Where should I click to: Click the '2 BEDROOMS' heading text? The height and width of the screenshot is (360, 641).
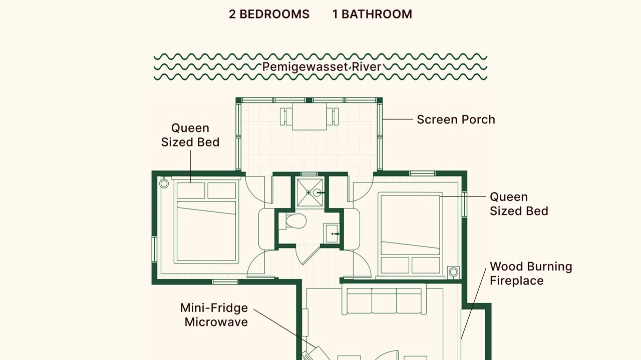click(269, 14)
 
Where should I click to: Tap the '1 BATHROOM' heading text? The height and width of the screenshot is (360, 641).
click(372, 14)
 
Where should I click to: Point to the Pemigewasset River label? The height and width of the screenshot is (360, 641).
click(322, 67)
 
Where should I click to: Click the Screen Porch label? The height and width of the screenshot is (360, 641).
click(456, 119)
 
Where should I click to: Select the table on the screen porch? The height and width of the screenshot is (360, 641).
click(309, 116)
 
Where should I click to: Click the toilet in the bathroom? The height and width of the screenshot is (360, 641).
click(295, 221)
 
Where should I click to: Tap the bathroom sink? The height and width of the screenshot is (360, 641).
click(332, 233)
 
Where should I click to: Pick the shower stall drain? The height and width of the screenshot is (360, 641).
click(308, 192)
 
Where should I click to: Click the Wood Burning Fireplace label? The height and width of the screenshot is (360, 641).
click(531, 273)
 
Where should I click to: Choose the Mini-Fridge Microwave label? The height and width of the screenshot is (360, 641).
click(214, 315)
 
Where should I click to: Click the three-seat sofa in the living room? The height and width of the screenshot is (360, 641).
click(384, 299)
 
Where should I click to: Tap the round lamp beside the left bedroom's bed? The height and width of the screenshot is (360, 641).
click(164, 183)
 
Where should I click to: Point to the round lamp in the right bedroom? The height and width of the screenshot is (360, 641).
click(453, 272)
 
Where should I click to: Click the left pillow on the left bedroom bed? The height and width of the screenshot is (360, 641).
click(191, 190)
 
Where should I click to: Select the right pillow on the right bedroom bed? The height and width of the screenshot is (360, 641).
click(426, 265)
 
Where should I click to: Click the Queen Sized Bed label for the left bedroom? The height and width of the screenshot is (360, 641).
click(190, 135)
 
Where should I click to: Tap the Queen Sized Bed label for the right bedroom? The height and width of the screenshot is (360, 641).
click(519, 204)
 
